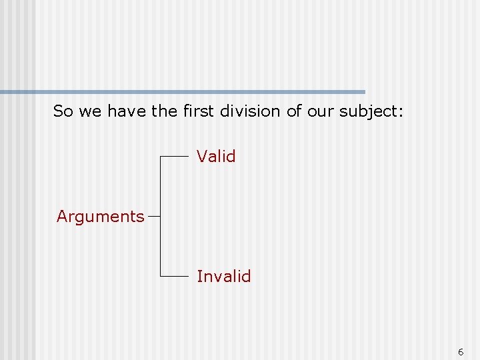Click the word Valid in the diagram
[216, 157]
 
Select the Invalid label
[223, 276]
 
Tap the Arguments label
[101, 217]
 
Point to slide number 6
[461, 351]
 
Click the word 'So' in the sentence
[63, 111]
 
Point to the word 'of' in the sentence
[294, 111]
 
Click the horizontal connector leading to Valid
[175, 156]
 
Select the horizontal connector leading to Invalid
[175, 275]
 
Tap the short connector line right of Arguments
[154, 216]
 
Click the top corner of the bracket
[161, 156]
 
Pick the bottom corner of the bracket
[161, 275]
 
